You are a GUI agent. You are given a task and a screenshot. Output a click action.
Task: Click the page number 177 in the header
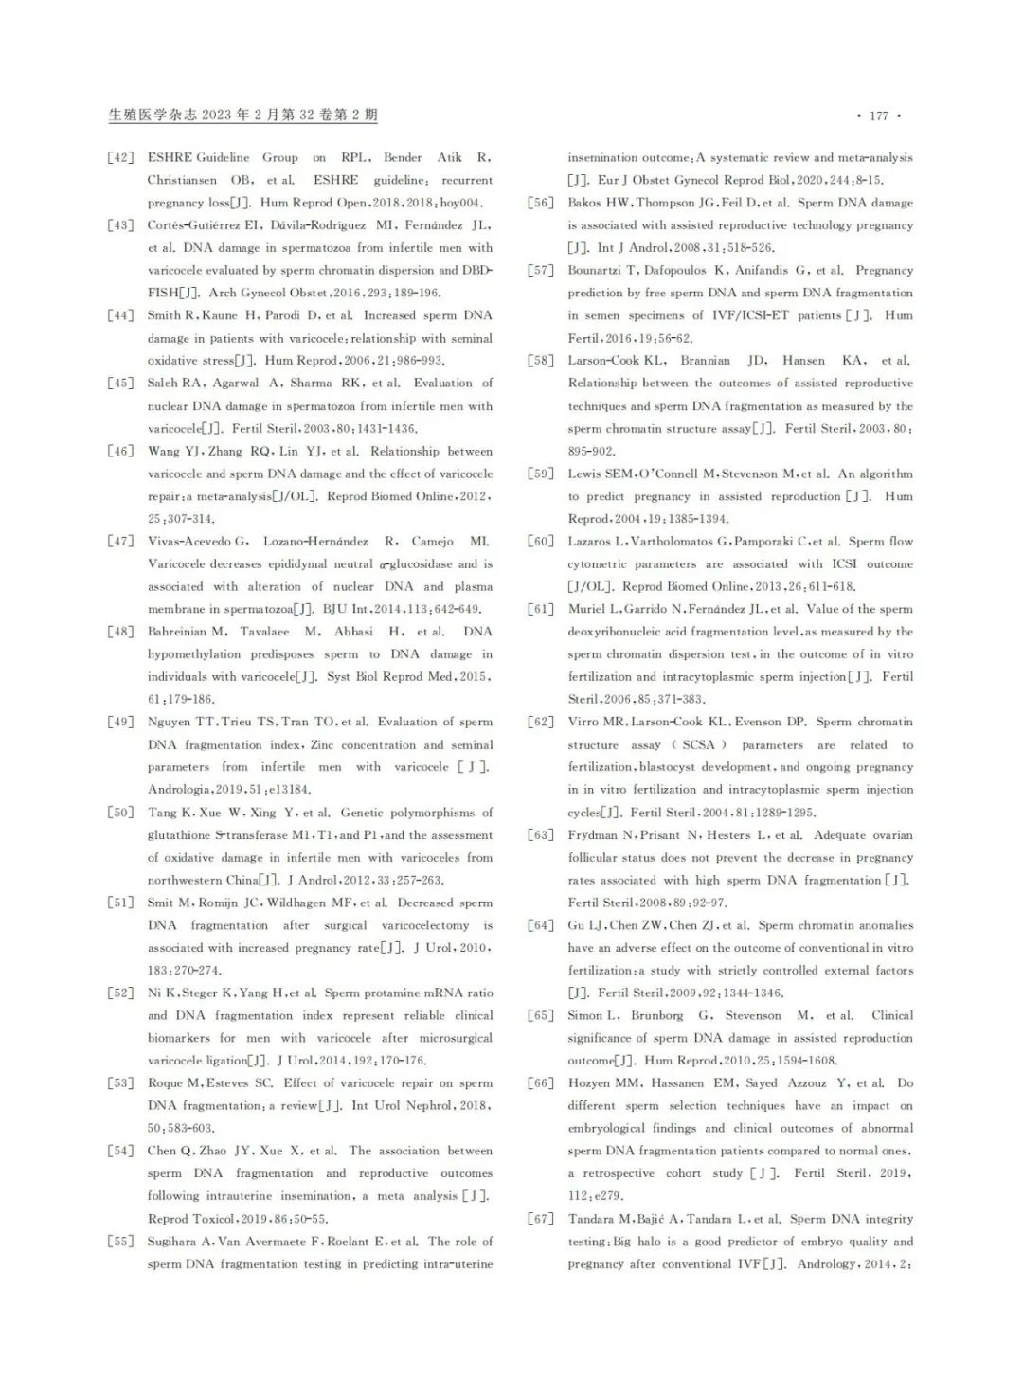coord(878,116)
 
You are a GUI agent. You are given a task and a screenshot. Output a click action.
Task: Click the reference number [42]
coord(120,157)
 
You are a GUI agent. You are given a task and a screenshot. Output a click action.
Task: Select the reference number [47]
coord(120,542)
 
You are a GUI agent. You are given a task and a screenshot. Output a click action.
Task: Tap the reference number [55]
coord(120,1242)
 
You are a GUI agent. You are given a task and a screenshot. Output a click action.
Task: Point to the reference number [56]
coord(541,203)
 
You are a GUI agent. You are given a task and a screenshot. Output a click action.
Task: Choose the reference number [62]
coord(541,722)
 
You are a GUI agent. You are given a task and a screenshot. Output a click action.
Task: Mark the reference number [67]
coord(541,1219)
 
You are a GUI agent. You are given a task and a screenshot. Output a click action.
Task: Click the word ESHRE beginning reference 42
coord(170,157)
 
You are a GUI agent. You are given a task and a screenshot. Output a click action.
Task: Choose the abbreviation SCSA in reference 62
coord(699,745)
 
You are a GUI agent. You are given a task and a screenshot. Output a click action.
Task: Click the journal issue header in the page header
coord(243,116)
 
